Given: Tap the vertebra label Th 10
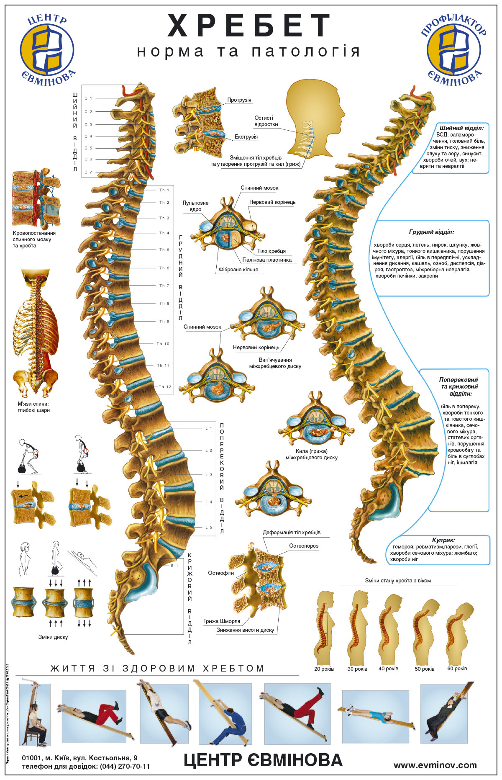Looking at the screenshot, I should click(163, 344).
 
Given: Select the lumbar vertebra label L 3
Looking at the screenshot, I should click(209, 475).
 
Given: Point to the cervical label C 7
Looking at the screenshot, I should click(88, 172).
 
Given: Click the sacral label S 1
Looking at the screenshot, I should click(174, 566).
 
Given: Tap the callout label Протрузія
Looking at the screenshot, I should click(239, 100).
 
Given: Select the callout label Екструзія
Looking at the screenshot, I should click(246, 137).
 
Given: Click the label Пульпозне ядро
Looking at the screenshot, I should click(195, 206).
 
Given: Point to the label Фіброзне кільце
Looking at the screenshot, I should click(238, 270).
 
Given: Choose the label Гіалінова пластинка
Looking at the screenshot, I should click(267, 260).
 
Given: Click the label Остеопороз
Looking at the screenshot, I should click(304, 546).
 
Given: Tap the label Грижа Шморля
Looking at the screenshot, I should click(222, 621).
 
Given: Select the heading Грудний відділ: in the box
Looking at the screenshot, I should click(431, 232).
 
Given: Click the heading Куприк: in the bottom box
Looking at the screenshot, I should click(443, 540).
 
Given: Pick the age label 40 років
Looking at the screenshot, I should click(388, 669).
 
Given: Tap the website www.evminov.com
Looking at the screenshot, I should click(435, 765).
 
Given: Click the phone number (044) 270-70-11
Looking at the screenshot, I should click(125, 767).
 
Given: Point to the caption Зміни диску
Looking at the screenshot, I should click(53, 637).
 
